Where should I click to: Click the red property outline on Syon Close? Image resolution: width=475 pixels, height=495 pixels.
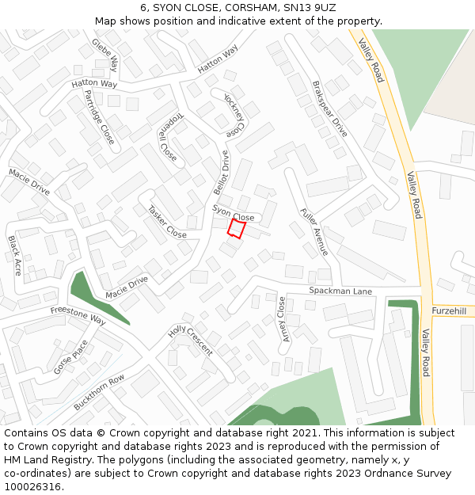[236, 228]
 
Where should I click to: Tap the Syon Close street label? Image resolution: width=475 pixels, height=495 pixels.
[234, 212]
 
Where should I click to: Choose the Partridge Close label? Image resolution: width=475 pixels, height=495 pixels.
[99, 116]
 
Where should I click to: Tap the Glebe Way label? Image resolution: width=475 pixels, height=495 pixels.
[104, 54]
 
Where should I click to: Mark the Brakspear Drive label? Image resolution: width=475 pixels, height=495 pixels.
[329, 109]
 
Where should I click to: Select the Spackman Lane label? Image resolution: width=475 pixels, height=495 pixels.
[340, 291]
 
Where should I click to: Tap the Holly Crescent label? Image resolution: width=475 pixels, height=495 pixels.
[190, 340]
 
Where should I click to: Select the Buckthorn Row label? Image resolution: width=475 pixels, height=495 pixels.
[99, 391]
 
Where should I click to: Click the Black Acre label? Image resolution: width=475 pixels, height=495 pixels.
[15, 255]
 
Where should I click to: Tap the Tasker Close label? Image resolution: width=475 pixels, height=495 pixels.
[167, 222]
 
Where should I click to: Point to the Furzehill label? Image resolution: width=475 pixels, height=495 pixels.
[450, 310]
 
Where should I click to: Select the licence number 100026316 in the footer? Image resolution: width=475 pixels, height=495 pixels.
[32, 486]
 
